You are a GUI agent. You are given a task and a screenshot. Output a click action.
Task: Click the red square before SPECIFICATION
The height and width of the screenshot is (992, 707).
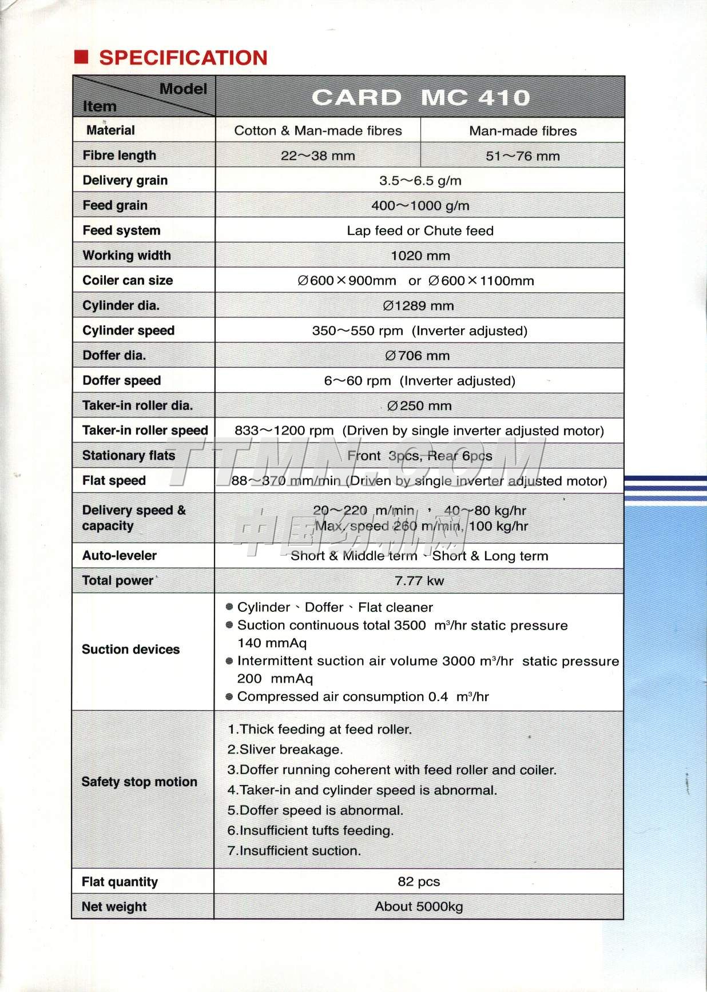(81, 57)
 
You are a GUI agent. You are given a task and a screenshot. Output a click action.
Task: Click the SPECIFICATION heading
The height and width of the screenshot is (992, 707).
(183, 58)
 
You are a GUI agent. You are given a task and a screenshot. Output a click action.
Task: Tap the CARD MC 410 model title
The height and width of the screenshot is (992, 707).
(420, 98)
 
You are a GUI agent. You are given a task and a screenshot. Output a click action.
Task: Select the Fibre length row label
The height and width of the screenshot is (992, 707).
(119, 156)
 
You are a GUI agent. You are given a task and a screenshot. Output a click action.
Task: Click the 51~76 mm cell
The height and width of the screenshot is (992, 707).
(522, 156)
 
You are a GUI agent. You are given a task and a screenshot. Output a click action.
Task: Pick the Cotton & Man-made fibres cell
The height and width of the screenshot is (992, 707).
(318, 131)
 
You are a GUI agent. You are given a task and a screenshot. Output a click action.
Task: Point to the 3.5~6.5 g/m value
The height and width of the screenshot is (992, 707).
(420, 181)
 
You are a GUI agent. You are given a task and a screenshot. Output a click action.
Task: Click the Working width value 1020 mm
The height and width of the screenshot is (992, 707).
(420, 256)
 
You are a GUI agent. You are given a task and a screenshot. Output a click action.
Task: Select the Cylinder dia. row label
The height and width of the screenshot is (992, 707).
(121, 305)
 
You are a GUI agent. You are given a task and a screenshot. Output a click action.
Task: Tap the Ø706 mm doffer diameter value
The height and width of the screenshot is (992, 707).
(418, 356)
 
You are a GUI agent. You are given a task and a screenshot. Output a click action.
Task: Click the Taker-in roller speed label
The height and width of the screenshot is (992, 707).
(145, 431)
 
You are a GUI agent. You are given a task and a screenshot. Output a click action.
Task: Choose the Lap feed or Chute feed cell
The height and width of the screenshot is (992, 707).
(420, 231)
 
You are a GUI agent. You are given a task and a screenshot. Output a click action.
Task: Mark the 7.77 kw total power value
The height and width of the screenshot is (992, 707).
(419, 581)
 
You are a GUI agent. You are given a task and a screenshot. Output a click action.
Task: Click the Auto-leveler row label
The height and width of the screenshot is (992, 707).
(119, 555)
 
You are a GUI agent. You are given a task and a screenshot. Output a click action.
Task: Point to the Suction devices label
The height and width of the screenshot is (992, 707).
(130, 650)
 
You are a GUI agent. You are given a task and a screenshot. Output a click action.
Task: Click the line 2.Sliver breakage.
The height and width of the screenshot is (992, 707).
(285, 750)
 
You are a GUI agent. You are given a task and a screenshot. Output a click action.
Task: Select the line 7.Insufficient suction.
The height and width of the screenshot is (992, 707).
(294, 851)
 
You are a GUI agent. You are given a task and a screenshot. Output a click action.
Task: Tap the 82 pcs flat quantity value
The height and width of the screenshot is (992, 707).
(419, 882)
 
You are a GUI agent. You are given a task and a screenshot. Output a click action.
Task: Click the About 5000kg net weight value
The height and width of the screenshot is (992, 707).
(419, 907)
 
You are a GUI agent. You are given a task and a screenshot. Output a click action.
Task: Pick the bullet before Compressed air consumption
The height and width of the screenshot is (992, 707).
(229, 696)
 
